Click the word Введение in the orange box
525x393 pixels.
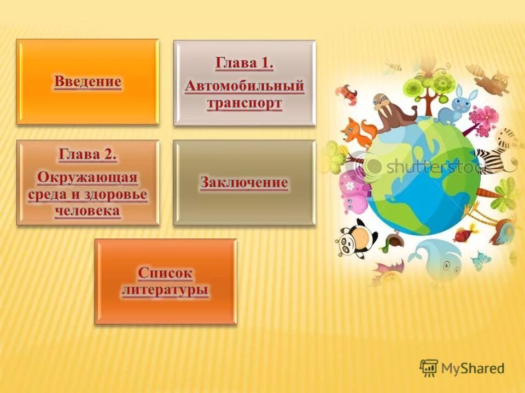point(87,82)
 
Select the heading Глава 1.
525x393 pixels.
point(244,63)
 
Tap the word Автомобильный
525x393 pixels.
point(244,86)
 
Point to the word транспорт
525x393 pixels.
point(244,104)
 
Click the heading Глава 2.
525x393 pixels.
point(87,154)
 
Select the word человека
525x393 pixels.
point(87,212)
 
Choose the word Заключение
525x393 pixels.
point(244,182)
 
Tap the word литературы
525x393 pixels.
point(165,289)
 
